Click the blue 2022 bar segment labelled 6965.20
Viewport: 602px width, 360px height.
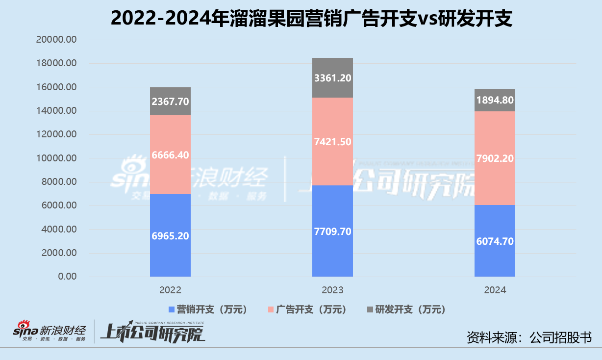pyautogui.click(x=170, y=235)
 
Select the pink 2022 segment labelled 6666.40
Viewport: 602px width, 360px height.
pyautogui.click(x=170, y=154)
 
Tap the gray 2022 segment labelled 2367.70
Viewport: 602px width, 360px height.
pyautogui.click(x=170, y=102)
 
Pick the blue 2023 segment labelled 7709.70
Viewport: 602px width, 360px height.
pyautogui.click(x=332, y=231)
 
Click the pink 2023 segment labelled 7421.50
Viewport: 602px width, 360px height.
pyautogui.click(x=332, y=141)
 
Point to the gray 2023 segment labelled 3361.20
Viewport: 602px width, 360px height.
pyautogui.click(x=332, y=77)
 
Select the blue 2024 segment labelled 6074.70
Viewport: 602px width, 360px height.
pyautogui.click(x=495, y=241)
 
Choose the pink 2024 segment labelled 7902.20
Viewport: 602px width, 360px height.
pyautogui.click(x=495, y=158)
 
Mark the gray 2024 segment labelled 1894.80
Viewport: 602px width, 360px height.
pyautogui.click(x=495, y=100)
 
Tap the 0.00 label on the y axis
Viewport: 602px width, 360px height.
pyautogui.click(x=66, y=277)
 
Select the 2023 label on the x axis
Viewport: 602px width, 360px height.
pyautogui.click(x=332, y=290)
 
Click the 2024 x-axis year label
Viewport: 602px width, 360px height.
pyautogui.click(x=495, y=290)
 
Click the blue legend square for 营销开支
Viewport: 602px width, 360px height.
pyautogui.click(x=172, y=309)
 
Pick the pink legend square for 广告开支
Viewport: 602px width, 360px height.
pyautogui.click(x=270, y=309)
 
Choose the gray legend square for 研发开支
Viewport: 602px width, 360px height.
pyautogui.click(x=370, y=309)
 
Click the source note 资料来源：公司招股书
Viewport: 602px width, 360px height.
pyautogui.click(x=529, y=337)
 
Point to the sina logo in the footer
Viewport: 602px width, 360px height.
pyautogui.click(x=27, y=333)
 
